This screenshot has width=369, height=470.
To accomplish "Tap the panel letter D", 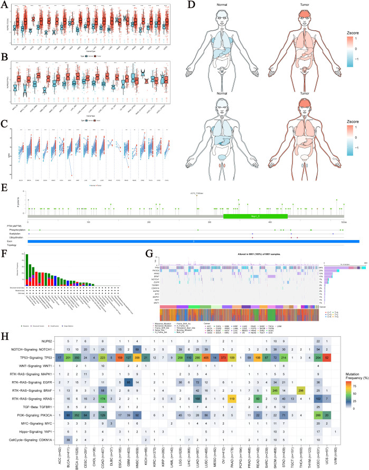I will click(192, 5).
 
